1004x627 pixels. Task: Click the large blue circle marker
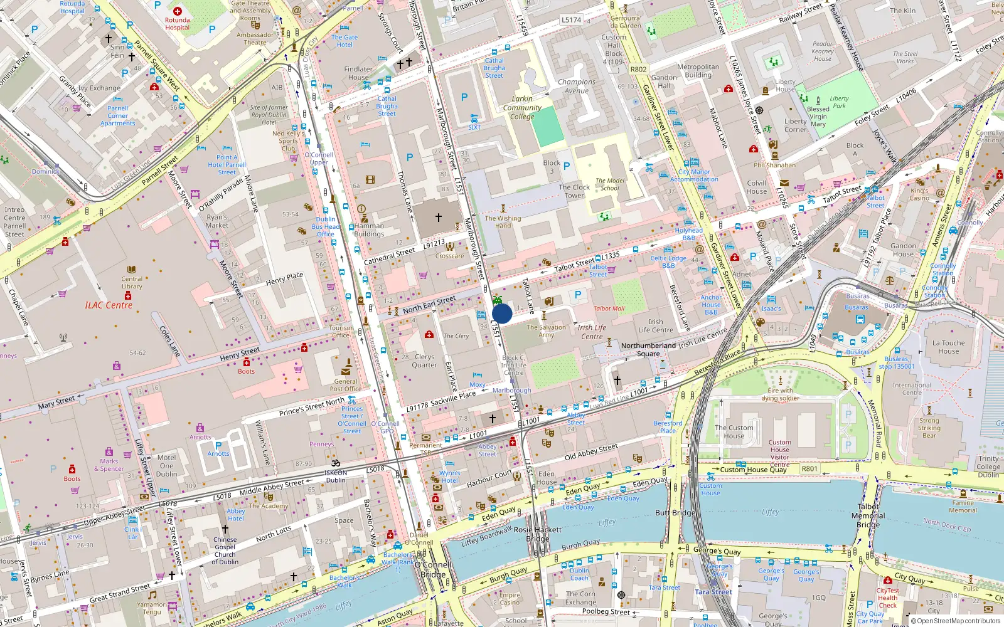502,313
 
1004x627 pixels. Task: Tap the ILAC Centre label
109,305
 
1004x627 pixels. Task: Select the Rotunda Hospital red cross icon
178,11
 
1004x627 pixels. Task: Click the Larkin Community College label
522,108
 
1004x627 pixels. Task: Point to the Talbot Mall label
609,308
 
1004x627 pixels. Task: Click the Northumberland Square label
648,350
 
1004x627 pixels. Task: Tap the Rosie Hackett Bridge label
538,534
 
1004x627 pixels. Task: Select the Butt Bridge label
676,513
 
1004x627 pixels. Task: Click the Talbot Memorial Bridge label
868,515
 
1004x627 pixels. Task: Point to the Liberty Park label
839,102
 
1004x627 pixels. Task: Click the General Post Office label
346,385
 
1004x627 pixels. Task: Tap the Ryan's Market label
217,221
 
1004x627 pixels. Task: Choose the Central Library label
132,283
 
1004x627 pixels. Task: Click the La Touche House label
949,347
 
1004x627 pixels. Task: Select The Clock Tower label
574,191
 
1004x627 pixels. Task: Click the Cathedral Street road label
389,256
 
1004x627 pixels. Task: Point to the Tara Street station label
713,592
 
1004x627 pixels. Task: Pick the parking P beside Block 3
567,166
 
